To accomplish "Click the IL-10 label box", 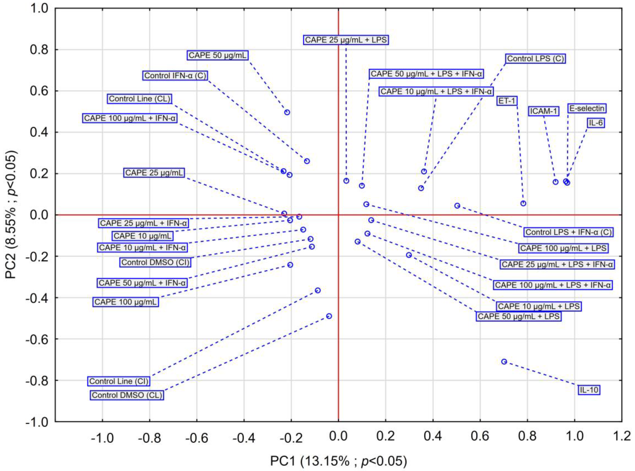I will point(589,390).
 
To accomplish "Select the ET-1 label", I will point(507,101).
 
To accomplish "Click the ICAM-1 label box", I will point(544,111).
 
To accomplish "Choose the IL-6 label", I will point(596,123).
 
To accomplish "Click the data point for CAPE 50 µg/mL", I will point(287,112).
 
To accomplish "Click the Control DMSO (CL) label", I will point(127,395).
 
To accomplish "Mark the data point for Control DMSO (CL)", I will point(329,316).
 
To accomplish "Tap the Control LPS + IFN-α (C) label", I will point(569,232).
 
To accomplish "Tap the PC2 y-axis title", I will point(12,215).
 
